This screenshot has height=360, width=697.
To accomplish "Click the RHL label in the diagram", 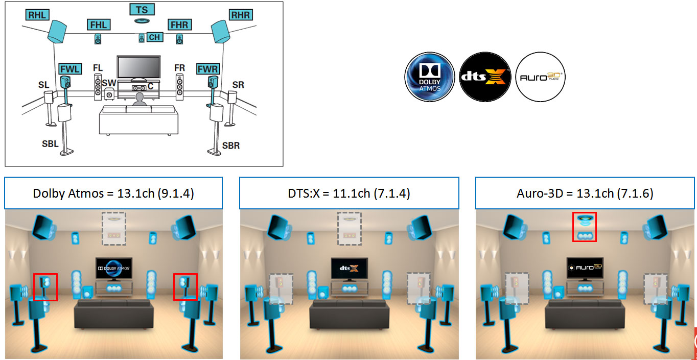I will tap(37, 15).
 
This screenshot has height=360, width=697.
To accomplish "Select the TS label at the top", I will tap(142, 10).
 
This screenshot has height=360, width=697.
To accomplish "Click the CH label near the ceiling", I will tap(154, 37).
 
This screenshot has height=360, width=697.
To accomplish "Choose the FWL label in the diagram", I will tap(69, 68).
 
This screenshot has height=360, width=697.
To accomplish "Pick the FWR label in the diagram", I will tap(208, 68).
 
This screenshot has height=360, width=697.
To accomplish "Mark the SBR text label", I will tap(231, 146).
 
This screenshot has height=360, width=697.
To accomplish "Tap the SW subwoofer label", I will tap(109, 82).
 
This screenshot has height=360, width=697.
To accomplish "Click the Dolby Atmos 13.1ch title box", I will tap(113, 194).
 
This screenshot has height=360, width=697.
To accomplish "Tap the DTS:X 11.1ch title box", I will tap(349, 194).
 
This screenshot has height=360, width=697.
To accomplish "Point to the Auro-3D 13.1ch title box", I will tap(585, 194).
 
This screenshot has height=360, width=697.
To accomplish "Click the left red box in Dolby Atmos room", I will tap(45, 287).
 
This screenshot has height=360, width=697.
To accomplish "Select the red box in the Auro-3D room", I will tap(585, 227).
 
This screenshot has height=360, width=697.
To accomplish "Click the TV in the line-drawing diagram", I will tap(138, 66).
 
